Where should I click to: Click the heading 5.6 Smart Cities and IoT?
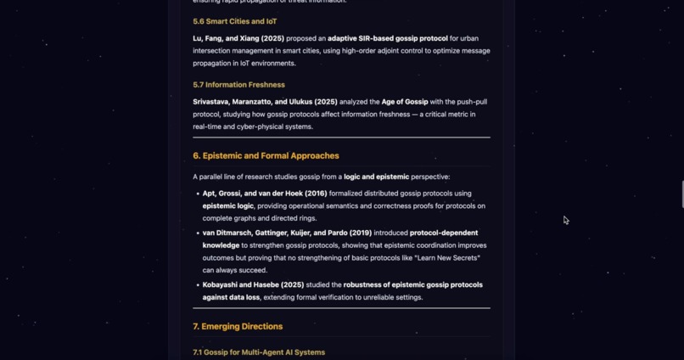click(x=234, y=21)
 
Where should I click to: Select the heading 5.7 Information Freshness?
click(x=238, y=85)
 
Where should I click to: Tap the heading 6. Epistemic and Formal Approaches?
click(x=266, y=155)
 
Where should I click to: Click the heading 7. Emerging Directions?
click(x=238, y=326)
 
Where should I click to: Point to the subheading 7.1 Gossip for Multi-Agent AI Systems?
click(x=259, y=352)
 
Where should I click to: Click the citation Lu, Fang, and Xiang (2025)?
click(x=238, y=38)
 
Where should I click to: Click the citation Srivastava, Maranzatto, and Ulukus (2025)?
click(x=265, y=102)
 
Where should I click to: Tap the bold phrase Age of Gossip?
click(x=405, y=102)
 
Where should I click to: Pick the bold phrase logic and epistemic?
click(x=376, y=177)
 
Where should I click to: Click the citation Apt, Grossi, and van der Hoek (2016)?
click(x=265, y=194)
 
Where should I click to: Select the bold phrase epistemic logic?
click(x=231, y=206)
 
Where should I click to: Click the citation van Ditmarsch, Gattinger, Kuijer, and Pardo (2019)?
click(x=287, y=233)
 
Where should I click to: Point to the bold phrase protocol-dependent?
click(x=444, y=233)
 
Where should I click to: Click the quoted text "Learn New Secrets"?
click(x=447, y=258)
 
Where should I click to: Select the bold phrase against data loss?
click(x=231, y=297)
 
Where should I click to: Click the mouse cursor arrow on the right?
click(x=565, y=220)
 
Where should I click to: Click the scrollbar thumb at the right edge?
click(x=681, y=194)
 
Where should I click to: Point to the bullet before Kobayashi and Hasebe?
click(x=198, y=285)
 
